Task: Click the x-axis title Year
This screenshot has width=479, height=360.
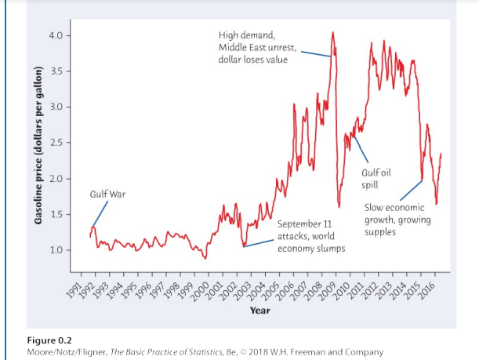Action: tap(260, 311)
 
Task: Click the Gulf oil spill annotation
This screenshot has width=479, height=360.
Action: tap(376, 179)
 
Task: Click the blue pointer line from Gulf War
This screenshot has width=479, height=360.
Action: tap(100, 213)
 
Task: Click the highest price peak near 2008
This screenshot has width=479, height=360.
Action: tap(332, 33)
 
